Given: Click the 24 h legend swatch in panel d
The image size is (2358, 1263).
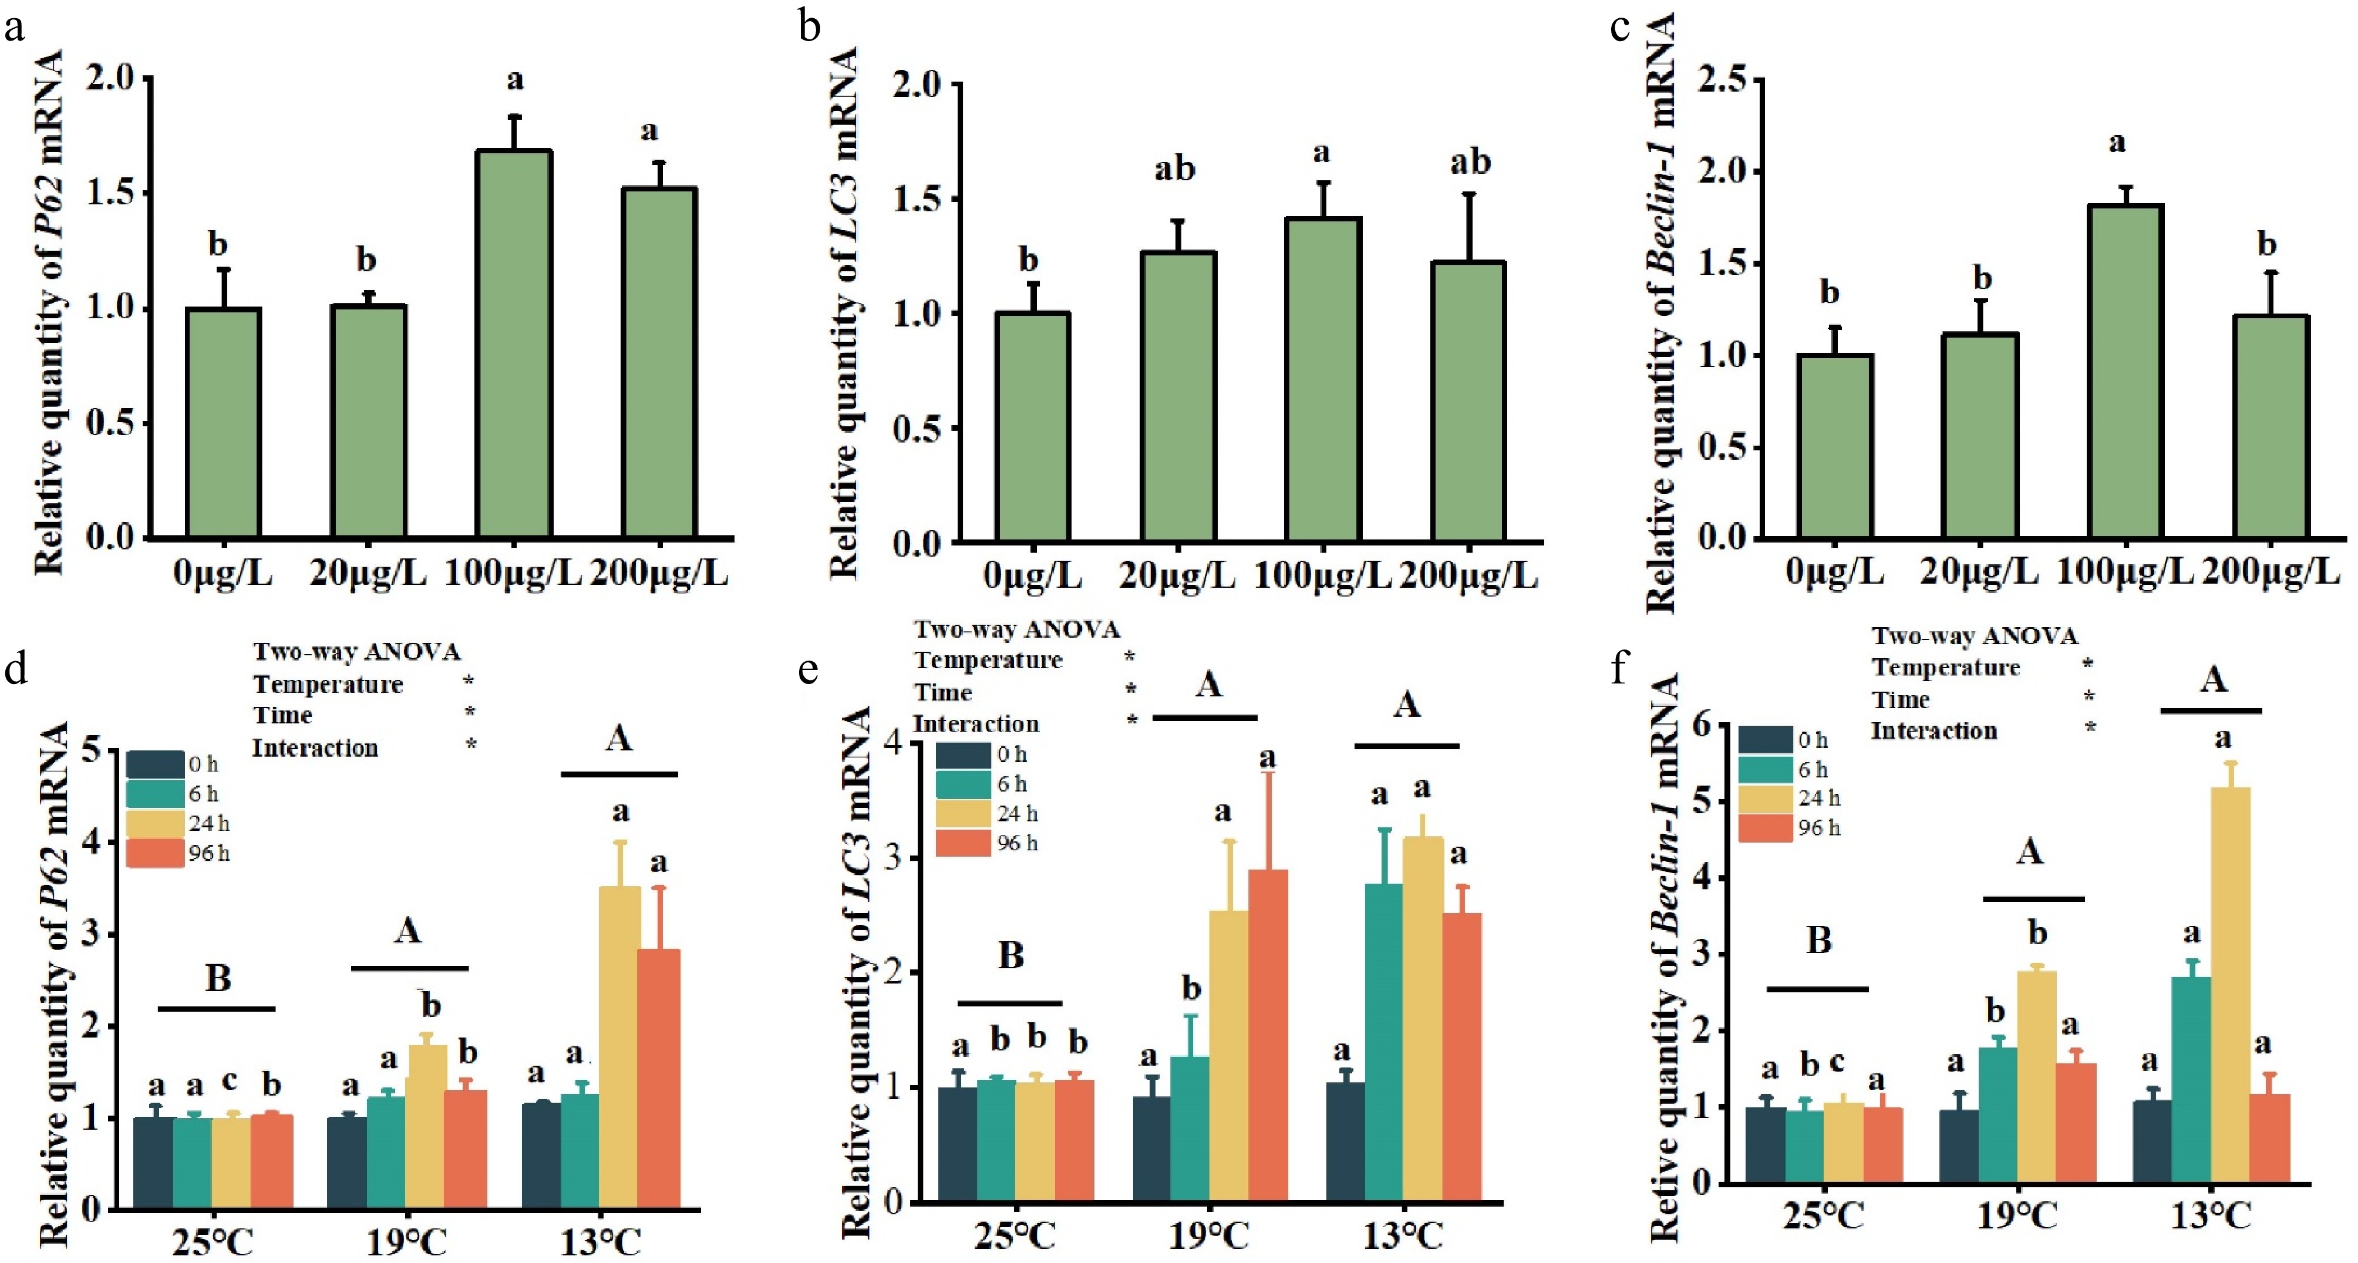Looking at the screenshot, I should pyautogui.click(x=154, y=824).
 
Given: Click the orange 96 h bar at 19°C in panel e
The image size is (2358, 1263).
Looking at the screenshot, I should pyautogui.click(x=1268, y=1034).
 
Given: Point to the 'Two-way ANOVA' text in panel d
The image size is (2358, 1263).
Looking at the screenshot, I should pyautogui.click(x=357, y=652).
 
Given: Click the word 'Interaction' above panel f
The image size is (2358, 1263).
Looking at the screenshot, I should pyautogui.click(x=1933, y=731).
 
